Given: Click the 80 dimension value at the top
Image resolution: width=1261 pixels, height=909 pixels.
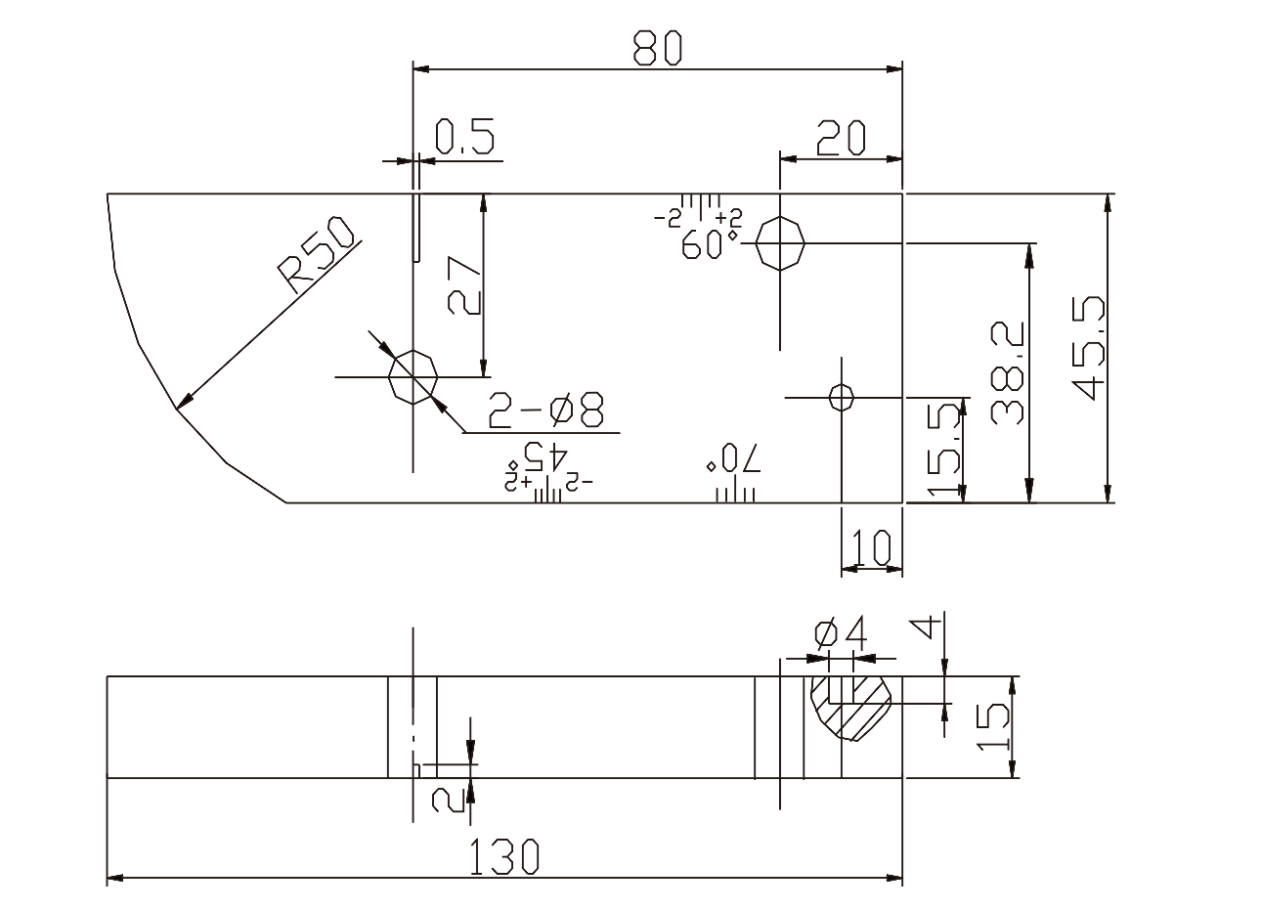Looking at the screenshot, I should pos(656,49).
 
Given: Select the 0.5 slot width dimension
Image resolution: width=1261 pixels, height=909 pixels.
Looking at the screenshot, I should pos(464,138).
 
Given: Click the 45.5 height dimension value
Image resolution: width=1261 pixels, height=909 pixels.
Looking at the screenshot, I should pos(1088,348).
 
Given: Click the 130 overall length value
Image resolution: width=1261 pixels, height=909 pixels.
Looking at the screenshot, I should pos(503,857).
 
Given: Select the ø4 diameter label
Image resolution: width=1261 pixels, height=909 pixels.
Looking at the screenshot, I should pos(840,635).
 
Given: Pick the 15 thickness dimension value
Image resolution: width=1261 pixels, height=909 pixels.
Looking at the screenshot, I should pos(991,727).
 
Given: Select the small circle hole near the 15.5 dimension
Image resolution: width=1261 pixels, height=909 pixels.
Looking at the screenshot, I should pos(841,397).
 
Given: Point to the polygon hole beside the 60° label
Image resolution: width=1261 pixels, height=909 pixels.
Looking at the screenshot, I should pos(780,242).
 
